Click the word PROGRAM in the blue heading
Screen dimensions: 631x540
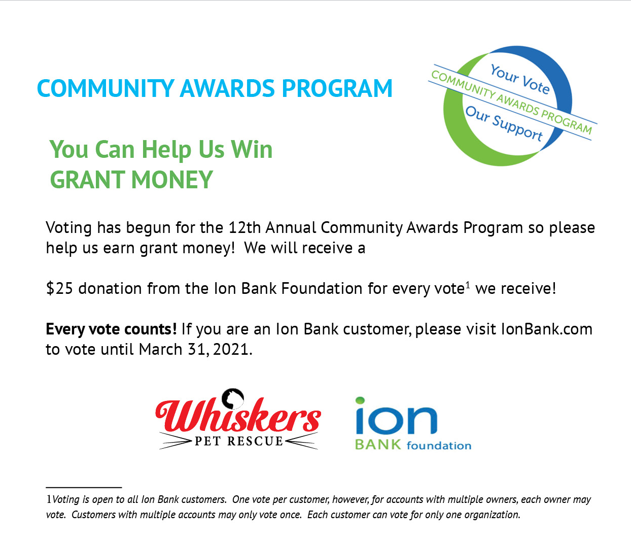(x=337, y=89)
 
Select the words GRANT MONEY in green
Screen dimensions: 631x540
(x=131, y=180)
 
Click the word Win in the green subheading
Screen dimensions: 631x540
(x=252, y=149)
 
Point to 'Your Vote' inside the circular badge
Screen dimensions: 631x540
(x=520, y=79)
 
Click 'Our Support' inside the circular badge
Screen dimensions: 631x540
(x=504, y=123)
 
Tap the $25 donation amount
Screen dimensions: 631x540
(x=59, y=288)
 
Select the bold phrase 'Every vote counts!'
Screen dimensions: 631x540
(x=111, y=329)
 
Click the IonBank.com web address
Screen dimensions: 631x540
(x=547, y=329)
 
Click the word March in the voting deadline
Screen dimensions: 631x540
(x=161, y=349)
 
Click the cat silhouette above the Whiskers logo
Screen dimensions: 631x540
(x=233, y=398)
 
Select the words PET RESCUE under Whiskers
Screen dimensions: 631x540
(x=239, y=441)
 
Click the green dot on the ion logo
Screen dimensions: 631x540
(x=360, y=400)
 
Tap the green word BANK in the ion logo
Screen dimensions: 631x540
(x=378, y=445)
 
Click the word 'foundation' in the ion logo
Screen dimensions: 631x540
(x=439, y=446)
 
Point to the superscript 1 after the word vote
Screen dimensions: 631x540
(x=468, y=285)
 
